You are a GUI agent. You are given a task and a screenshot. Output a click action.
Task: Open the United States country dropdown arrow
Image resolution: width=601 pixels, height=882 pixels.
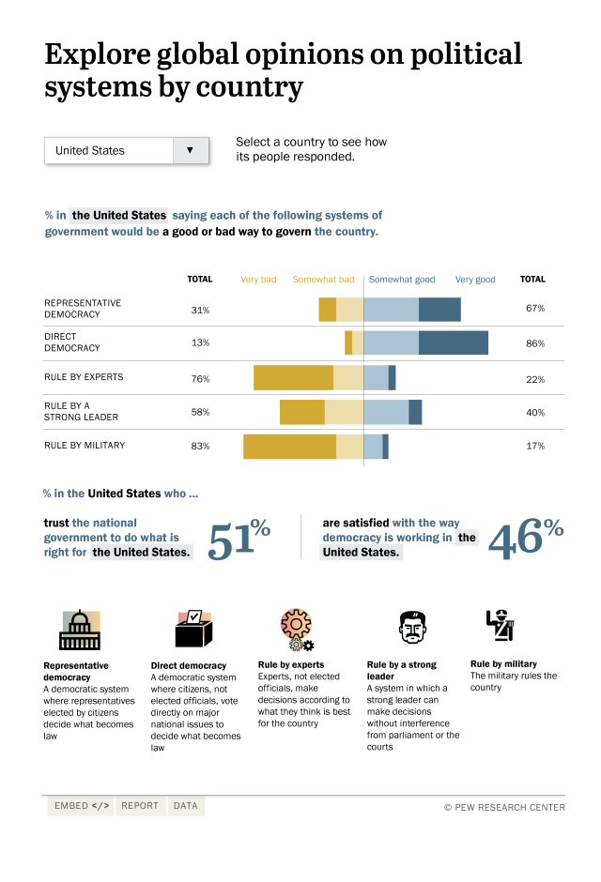click(191, 150)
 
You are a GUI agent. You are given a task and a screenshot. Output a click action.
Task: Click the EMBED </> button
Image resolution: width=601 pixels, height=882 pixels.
click(81, 806)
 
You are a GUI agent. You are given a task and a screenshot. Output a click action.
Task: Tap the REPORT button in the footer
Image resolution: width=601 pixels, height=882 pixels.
click(140, 806)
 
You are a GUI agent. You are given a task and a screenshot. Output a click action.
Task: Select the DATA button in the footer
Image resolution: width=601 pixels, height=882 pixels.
click(186, 806)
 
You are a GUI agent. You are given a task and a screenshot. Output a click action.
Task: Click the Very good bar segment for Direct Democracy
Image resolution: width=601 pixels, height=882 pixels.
click(454, 342)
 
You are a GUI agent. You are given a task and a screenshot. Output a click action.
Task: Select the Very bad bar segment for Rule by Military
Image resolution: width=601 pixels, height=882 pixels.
click(289, 446)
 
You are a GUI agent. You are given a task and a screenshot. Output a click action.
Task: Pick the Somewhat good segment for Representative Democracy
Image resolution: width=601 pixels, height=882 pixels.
click(391, 309)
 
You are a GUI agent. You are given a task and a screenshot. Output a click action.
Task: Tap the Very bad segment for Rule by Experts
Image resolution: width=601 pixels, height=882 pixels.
click(293, 378)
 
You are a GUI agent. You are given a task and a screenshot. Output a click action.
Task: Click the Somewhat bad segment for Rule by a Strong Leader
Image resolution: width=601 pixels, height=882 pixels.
click(344, 412)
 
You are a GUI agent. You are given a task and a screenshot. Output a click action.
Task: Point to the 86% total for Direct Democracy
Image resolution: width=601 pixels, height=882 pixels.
click(535, 343)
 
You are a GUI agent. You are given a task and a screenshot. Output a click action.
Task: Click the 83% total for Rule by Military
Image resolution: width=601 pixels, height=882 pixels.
click(200, 447)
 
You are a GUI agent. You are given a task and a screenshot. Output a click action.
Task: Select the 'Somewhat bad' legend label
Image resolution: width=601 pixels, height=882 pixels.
click(323, 280)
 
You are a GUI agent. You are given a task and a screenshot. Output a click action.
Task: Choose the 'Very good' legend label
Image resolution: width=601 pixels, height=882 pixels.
click(475, 280)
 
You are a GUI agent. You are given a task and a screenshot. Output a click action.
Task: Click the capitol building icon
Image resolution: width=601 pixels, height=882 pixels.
click(80, 630)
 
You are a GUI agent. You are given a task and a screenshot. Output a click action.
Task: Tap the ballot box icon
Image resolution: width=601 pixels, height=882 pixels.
click(193, 629)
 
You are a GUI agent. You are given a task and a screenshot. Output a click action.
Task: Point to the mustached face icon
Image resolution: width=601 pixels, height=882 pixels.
click(408, 628)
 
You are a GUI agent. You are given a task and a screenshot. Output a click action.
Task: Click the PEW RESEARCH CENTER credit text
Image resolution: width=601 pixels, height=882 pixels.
click(504, 807)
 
